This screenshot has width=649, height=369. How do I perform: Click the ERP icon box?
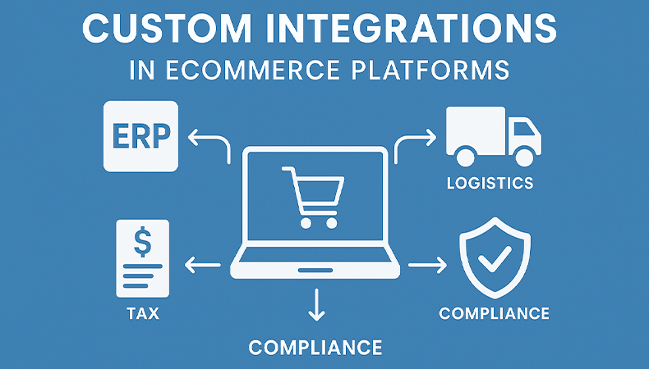tap(140, 135)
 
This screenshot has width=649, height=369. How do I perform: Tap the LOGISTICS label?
tap(490, 183)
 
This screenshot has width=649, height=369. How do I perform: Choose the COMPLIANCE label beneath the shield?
tap(494, 313)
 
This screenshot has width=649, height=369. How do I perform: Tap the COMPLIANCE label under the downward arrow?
tap(315, 348)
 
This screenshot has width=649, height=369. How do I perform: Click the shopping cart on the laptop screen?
tap(310, 197)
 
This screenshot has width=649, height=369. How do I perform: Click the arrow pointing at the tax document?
tap(202, 265)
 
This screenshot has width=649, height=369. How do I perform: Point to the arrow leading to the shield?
tap(427, 265)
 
